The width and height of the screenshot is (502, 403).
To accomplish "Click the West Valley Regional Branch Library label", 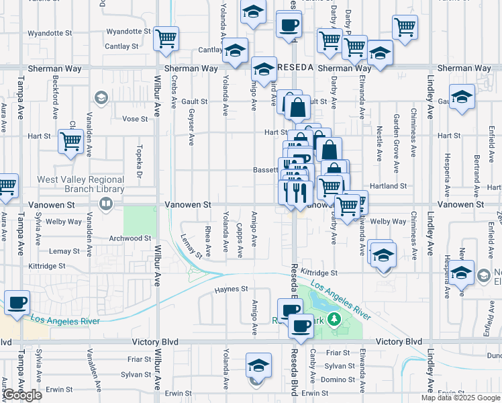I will (81, 184).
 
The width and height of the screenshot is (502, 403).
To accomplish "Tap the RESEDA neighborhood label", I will (296, 68).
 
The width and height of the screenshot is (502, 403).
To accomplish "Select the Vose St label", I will (135, 119).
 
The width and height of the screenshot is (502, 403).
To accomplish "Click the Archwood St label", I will (130, 238).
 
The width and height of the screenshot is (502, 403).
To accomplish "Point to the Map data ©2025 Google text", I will (460, 398).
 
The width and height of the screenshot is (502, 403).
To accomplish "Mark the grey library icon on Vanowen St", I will (104, 207).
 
